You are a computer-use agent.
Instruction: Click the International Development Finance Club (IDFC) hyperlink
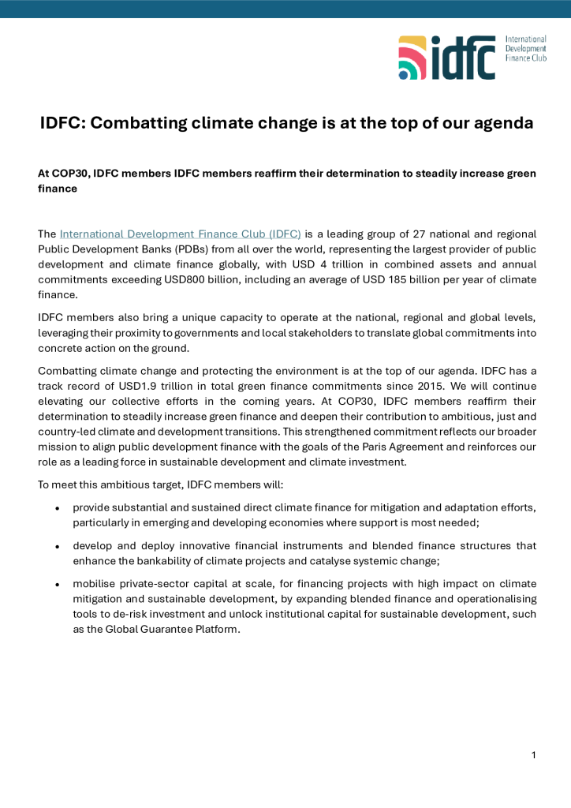[181, 234]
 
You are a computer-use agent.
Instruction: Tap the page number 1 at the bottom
[533, 755]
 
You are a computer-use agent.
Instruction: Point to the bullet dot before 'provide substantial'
[58, 508]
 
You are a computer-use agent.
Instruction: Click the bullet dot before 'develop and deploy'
[58, 546]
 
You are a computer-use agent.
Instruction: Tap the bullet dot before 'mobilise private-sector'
[58, 584]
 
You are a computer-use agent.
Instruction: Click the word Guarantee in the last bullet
[163, 629]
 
